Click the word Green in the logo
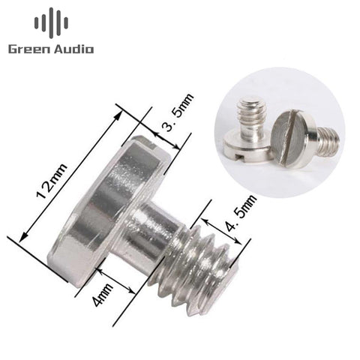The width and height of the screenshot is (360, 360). click(29, 49)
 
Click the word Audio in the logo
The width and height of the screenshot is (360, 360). click(74, 49)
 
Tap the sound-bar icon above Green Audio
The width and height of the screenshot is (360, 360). click(51, 23)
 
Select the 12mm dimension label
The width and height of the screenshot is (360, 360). click(52, 181)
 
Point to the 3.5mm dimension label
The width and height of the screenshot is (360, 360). click(177, 112)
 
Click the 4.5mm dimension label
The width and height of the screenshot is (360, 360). click(241, 213)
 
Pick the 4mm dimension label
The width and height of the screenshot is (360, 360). click(103, 295)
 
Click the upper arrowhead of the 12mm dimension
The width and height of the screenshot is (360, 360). click(118, 115)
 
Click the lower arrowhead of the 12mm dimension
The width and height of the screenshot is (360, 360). click(23, 237)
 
